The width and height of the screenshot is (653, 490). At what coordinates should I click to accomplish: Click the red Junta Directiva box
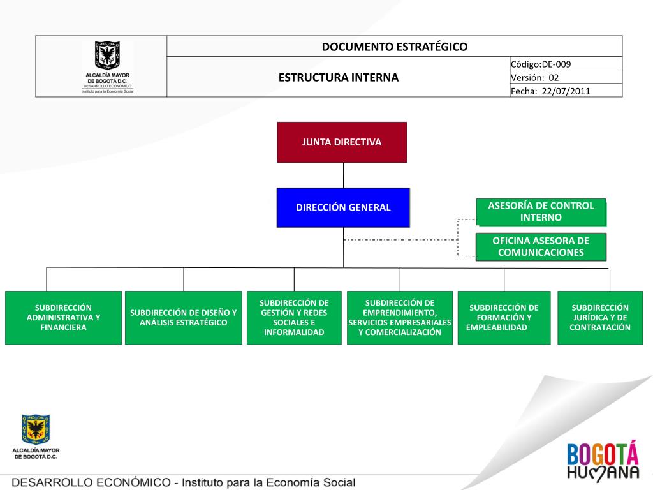342,142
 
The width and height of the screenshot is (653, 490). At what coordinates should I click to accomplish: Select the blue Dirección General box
343,207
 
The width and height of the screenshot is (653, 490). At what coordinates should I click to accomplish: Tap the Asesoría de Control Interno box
541,212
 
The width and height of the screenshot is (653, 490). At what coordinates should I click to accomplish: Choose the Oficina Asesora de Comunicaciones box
541,247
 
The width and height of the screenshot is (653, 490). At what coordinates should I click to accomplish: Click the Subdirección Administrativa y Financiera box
63,318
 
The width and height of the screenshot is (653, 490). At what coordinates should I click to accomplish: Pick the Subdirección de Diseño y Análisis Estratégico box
184,318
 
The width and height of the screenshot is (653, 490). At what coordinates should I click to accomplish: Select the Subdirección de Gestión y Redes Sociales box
294,318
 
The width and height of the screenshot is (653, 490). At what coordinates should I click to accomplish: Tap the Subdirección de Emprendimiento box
400,318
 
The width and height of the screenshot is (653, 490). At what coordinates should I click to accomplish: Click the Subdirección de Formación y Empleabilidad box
504,318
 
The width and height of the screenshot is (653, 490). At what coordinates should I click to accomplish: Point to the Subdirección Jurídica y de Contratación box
599,318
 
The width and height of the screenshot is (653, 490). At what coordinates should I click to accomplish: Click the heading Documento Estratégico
394,47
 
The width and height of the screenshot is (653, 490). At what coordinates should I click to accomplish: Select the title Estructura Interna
338,78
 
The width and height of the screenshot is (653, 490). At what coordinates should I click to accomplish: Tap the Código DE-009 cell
566,64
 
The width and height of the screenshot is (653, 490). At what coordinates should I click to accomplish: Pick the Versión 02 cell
566,77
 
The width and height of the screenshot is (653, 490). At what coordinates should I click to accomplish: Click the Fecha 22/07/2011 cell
566,91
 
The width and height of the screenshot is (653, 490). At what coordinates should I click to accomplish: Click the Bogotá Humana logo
602,461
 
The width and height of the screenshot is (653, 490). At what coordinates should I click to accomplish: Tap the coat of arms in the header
107,56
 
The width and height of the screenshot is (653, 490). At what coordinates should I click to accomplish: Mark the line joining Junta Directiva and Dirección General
344,175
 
